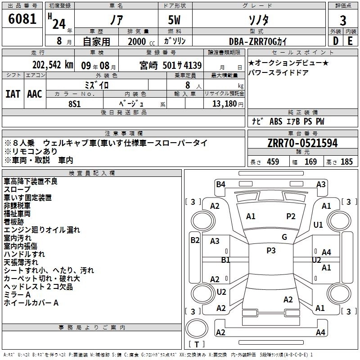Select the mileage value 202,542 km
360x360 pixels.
(52, 64)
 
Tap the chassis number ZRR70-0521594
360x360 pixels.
(302, 143)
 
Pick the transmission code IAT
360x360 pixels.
(13, 94)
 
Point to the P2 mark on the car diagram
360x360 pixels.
(291, 216)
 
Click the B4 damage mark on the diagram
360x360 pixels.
(220, 184)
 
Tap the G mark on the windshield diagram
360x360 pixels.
(284, 237)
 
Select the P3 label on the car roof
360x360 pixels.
(271, 250)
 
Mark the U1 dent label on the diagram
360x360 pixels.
(318, 225)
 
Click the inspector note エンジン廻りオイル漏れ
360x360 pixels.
(42, 229)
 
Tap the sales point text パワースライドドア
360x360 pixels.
(279, 72)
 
